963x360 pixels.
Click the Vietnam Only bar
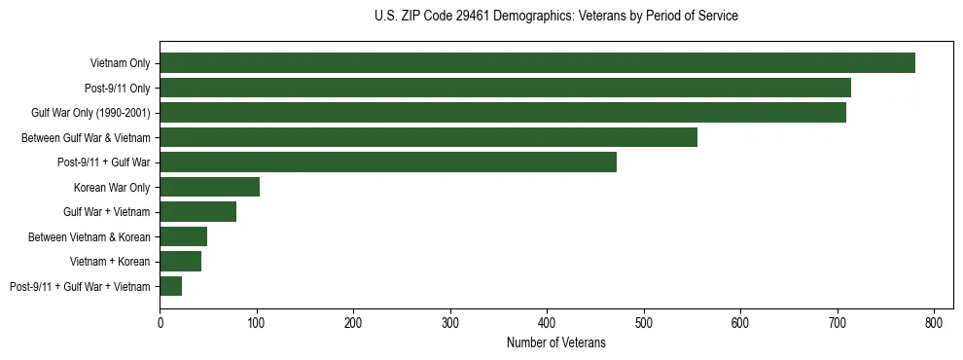537,63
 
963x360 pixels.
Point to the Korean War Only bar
209,187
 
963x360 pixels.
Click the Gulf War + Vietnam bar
197,212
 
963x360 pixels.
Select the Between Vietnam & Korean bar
183,236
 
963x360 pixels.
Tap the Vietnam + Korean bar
180,262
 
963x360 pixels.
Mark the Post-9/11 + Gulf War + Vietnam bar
170,286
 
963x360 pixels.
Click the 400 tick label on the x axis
547,323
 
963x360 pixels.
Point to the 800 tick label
934,323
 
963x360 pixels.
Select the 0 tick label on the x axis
160,323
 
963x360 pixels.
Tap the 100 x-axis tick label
256,323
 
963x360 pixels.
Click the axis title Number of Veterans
555,342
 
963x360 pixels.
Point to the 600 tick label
740,323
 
